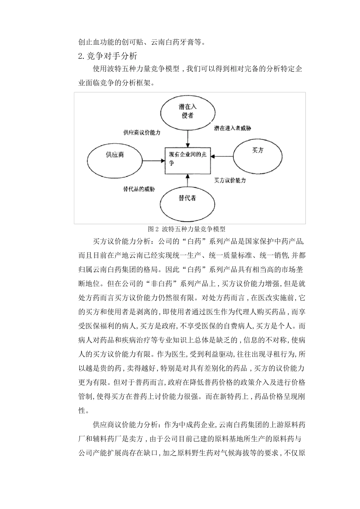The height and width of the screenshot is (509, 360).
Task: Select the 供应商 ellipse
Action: pos(115,155)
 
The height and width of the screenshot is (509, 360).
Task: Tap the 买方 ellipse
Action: pos(258,150)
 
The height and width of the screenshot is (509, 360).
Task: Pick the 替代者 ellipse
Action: pos(188,198)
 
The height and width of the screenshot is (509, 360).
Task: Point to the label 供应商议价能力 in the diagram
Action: pos(142,133)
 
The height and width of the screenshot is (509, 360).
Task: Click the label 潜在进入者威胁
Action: pos(232,128)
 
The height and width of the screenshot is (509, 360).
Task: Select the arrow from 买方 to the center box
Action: pos(222,155)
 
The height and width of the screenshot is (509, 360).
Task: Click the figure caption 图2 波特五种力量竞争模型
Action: pos(187,229)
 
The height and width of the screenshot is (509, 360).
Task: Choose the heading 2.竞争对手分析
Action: pos(107,56)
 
